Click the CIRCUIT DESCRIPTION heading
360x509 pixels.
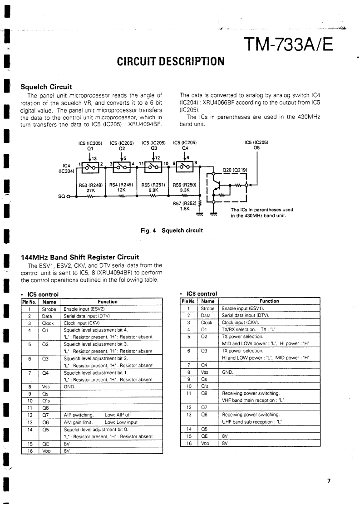[171, 60]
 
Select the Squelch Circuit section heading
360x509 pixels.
[47, 87]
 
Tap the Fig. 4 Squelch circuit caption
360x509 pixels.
[171, 230]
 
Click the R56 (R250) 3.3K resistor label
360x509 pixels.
[184, 188]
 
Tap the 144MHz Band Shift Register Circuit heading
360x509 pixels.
[80, 257]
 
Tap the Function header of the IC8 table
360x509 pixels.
[269, 301]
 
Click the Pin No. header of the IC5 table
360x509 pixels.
[29, 302]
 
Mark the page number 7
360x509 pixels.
[330, 481]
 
